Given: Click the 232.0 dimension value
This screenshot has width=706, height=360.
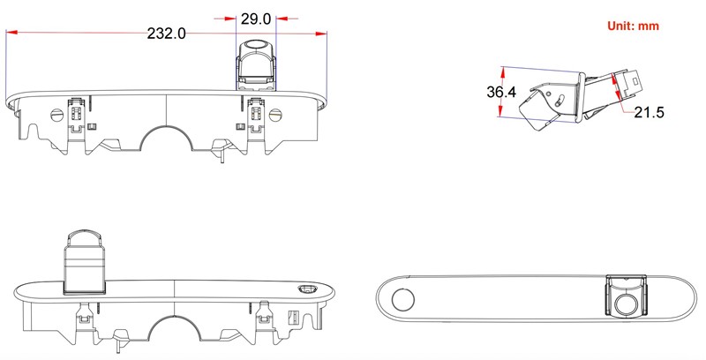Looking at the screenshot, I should coord(167,34).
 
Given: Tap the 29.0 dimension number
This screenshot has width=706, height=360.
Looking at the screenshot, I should coord(256,18).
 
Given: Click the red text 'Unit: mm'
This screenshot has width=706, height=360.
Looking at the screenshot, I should coord(633,26).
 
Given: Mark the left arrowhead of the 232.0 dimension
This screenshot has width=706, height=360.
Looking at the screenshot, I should coord(11,34).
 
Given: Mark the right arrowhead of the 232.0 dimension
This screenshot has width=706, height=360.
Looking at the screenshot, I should coord(322,34).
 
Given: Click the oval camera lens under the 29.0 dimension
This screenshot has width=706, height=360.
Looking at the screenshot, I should coord(256,44).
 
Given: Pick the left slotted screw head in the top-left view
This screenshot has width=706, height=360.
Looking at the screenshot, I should coord(59,114).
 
